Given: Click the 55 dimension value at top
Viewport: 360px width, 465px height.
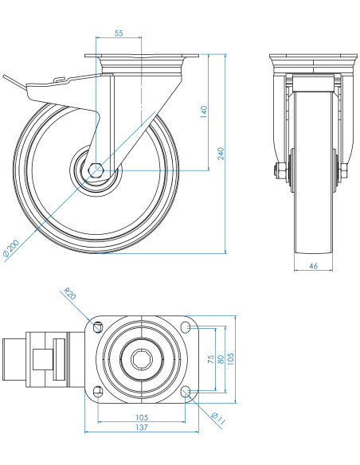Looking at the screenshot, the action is (119, 33).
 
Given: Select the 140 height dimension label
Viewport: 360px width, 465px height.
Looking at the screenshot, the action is (204, 111).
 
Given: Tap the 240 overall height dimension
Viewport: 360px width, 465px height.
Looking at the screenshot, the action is (221, 154).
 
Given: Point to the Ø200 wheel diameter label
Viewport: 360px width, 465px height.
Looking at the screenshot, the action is (11, 248).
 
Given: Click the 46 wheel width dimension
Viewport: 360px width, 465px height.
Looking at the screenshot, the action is (313, 266).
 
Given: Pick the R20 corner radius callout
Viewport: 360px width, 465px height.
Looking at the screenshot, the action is (70, 293).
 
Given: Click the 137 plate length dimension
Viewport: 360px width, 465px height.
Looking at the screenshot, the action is (142, 428).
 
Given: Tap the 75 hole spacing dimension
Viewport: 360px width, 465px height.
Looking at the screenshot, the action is (210, 359).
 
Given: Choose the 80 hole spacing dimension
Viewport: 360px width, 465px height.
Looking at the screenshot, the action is (221, 359).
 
